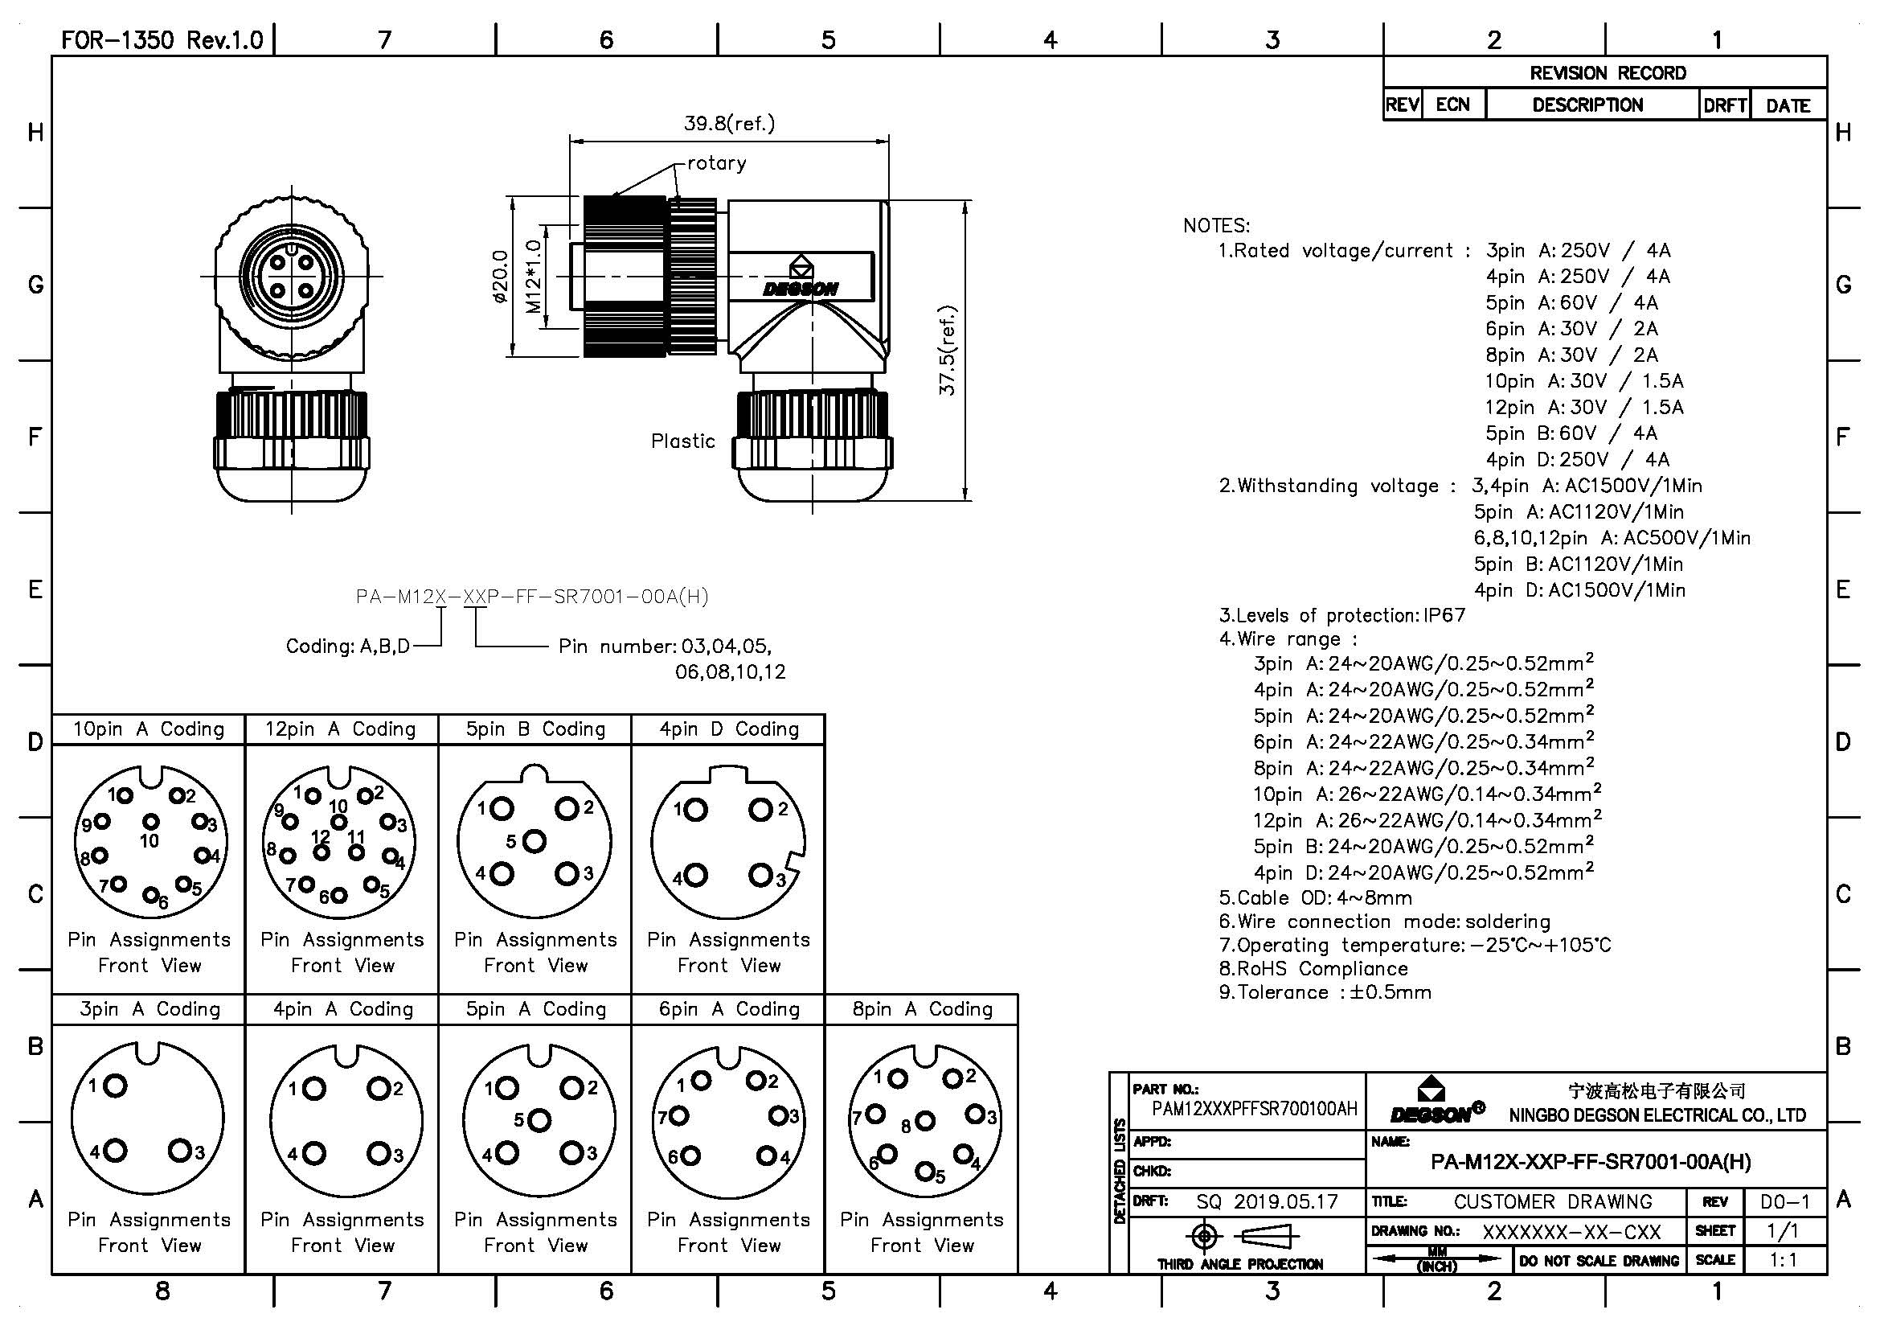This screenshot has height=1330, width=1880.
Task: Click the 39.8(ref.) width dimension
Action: coord(729,124)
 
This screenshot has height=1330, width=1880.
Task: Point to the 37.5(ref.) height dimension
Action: coord(948,351)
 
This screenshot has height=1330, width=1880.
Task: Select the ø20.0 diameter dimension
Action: coord(500,277)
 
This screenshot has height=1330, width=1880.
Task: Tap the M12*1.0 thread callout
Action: coord(533,277)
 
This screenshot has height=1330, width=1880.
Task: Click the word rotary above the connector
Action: coord(716,163)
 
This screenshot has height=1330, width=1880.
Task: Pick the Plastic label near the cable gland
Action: coord(683,441)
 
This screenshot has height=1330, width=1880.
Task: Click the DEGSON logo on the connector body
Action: coord(800,289)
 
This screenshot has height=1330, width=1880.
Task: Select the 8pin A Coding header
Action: coord(922,1009)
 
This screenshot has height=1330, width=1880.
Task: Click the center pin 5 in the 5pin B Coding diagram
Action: coord(534,841)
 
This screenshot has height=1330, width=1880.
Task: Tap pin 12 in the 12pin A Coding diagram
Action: coord(322,852)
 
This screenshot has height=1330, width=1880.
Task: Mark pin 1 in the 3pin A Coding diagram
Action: coord(116,1086)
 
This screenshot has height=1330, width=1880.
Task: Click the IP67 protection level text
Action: coord(1444,615)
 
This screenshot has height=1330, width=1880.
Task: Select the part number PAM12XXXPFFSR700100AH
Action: coord(1255,1109)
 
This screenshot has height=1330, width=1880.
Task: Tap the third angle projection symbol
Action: coord(1239,1236)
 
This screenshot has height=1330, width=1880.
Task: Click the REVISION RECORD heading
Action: coord(1608,73)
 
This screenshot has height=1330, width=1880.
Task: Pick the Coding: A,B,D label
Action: coord(348,647)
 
